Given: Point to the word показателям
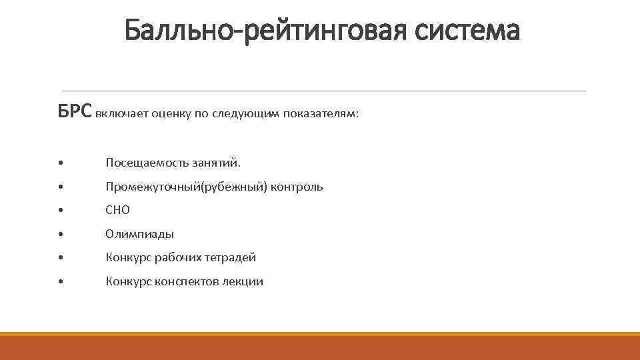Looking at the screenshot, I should click(321, 114).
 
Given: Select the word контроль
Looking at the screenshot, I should click(297, 187).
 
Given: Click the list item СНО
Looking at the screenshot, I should click(118, 211).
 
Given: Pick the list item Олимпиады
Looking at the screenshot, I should click(140, 234).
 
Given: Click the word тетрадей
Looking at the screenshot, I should click(230, 258).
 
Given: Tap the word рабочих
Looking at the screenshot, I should click(177, 258).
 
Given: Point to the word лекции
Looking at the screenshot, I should click(243, 282).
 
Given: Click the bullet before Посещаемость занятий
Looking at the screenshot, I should click(61, 163).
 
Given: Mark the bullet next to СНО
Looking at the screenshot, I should click(61, 211).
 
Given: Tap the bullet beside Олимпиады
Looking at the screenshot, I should click(61, 235).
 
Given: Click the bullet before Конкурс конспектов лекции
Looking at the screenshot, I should click(61, 283).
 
